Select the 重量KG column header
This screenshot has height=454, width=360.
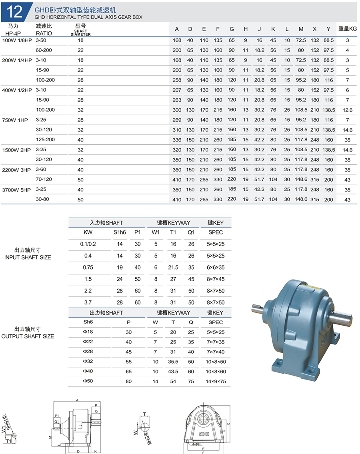click(x=347, y=29)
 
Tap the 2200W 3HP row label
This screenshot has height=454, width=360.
click(x=17, y=170)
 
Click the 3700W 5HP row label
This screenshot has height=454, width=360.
click(x=17, y=189)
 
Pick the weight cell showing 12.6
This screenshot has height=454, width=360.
click(x=347, y=110)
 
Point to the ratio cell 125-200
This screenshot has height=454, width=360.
click(x=45, y=140)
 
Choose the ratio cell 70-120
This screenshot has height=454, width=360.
click(x=44, y=180)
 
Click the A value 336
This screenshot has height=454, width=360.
click(x=177, y=140)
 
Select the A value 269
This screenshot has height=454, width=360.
click(x=177, y=120)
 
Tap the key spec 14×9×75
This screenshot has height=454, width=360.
click(x=216, y=382)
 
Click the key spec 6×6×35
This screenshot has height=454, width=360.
click(x=216, y=268)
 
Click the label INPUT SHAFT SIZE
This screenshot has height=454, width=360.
click(x=28, y=257)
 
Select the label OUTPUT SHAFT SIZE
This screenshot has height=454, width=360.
click(x=28, y=336)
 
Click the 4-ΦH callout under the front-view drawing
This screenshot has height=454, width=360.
click(x=196, y=444)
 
